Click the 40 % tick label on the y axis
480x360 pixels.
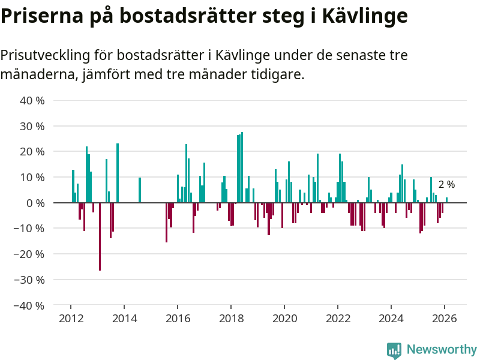point(32,101)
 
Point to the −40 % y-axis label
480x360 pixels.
point(31,305)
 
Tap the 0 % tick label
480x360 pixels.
point(35,203)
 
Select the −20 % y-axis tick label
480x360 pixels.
point(31,254)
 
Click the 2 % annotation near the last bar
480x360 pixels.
point(446,185)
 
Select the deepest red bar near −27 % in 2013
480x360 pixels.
point(100,236)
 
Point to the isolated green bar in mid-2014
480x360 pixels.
point(140,190)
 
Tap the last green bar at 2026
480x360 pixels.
point(446,200)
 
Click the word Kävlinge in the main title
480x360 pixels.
point(365,16)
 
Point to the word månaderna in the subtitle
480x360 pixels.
point(38,75)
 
